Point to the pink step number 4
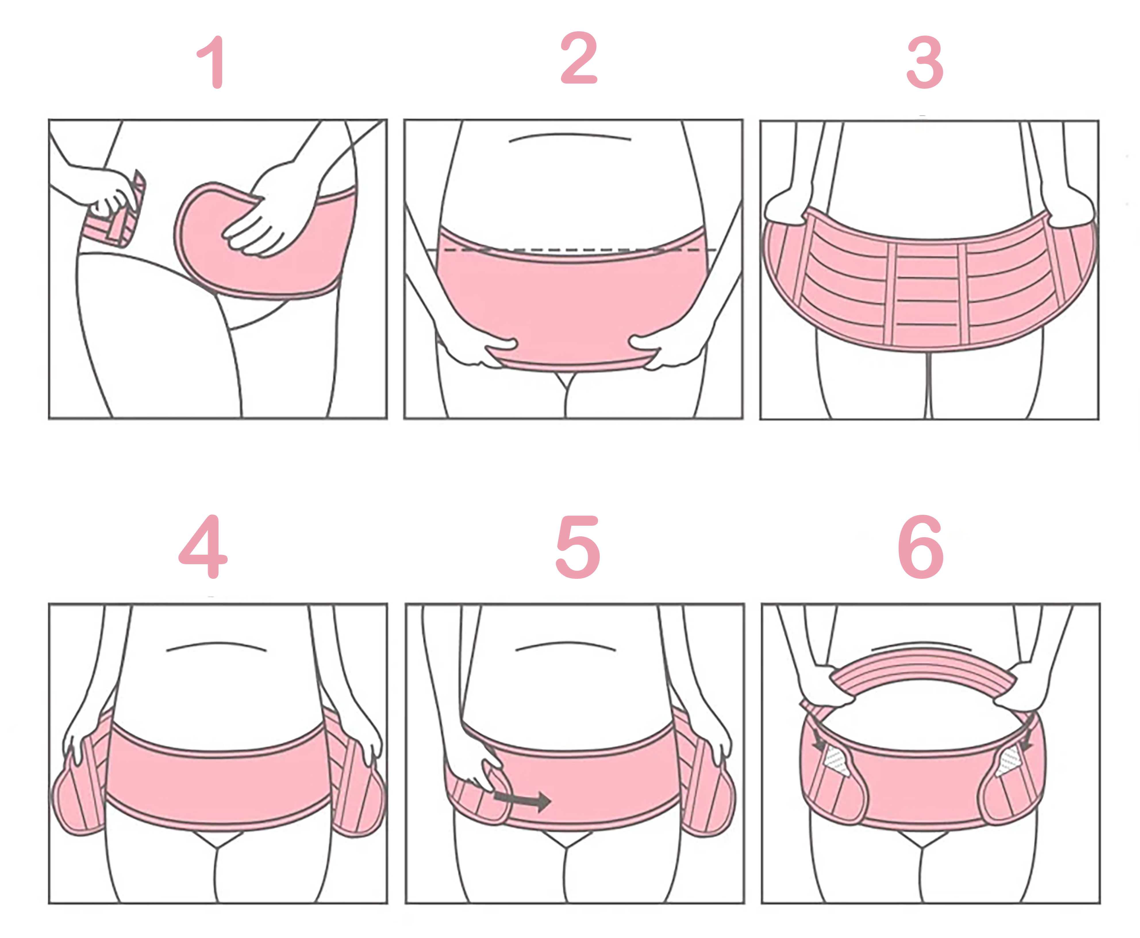pyautogui.click(x=203, y=546)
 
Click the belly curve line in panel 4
pyautogui.click(x=216, y=645)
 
